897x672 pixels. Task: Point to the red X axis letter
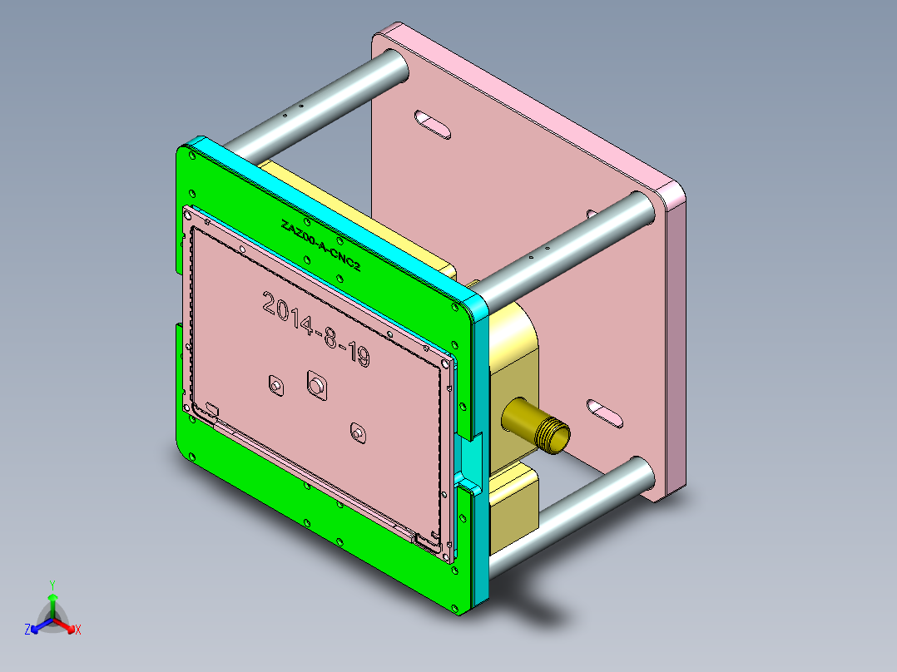pyautogui.click(x=78, y=630)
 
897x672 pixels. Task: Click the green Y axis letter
pyautogui.click(x=52, y=585)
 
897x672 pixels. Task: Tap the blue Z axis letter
pyautogui.click(x=27, y=630)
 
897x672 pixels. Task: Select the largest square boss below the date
pyautogui.click(x=317, y=385)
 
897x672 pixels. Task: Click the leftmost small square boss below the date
pyautogui.click(x=275, y=387)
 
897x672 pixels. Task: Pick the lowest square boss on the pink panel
pyautogui.click(x=358, y=433)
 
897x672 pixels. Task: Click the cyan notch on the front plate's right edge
pyautogui.click(x=470, y=457)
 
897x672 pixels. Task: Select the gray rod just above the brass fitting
pyautogui.click(x=566, y=246)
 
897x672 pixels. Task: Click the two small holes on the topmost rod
pyautogui.click(x=292, y=110)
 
